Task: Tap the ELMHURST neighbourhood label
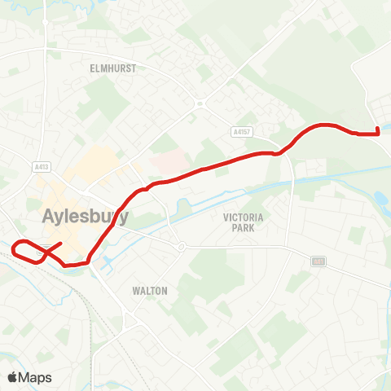click(113, 69)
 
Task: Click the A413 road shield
click(42, 167)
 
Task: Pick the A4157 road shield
click(237, 132)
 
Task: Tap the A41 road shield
click(318, 261)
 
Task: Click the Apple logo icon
click(12, 377)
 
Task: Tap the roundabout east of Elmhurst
click(199, 103)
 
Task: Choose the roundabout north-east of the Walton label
click(181, 246)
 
